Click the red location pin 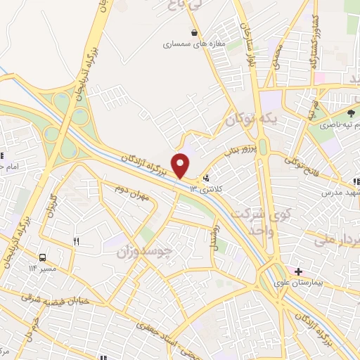coord(181,165)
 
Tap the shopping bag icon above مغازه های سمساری coord(194,32)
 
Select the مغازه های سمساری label coord(193,44)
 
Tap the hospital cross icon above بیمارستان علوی coord(299,271)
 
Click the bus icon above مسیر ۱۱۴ coord(44,257)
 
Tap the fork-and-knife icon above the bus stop coord(77,242)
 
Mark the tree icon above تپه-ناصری coord(352,112)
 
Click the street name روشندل coord(216,231)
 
